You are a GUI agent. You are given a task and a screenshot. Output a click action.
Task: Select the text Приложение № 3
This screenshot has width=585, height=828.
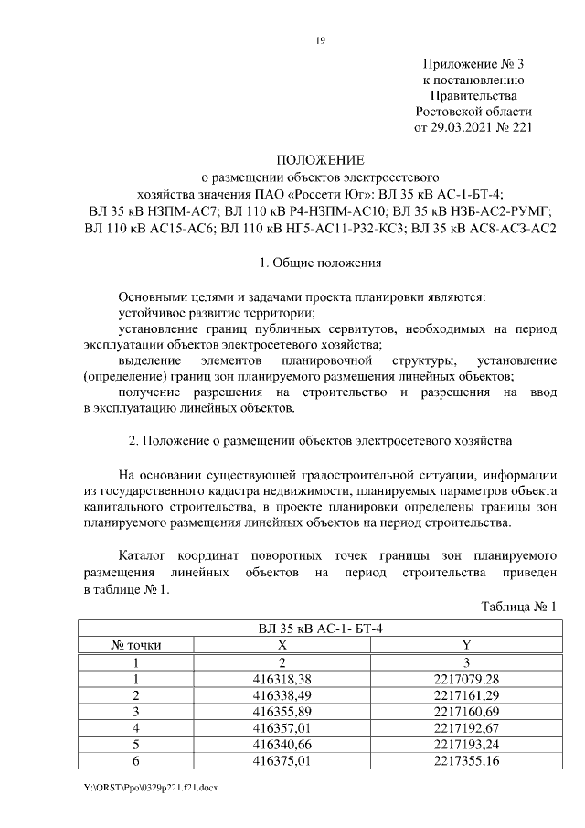[473, 64]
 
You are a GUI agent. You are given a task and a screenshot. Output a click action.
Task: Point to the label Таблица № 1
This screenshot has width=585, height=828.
[518, 607]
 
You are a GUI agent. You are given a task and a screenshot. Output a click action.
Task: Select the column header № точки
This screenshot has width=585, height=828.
[135, 646]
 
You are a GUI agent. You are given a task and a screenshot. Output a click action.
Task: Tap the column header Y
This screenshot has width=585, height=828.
[467, 646]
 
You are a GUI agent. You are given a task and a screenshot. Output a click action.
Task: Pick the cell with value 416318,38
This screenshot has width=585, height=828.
[282, 679]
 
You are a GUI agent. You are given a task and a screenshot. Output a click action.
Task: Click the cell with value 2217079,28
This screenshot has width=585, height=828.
[467, 679]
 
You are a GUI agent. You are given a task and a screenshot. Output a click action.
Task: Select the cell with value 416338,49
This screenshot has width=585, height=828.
[282, 695]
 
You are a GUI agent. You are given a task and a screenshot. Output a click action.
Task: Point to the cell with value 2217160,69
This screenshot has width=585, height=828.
[467, 712]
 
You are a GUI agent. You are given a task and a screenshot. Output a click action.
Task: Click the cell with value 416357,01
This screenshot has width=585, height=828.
[282, 728]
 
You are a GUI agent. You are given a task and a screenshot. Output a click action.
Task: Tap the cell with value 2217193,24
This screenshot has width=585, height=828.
[467, 745]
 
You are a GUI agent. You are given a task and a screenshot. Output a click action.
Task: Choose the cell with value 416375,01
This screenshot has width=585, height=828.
[282, 761]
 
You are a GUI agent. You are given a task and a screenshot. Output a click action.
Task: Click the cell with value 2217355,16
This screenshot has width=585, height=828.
[467, 761]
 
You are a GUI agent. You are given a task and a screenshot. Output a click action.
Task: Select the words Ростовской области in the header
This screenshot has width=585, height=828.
[473, 111]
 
